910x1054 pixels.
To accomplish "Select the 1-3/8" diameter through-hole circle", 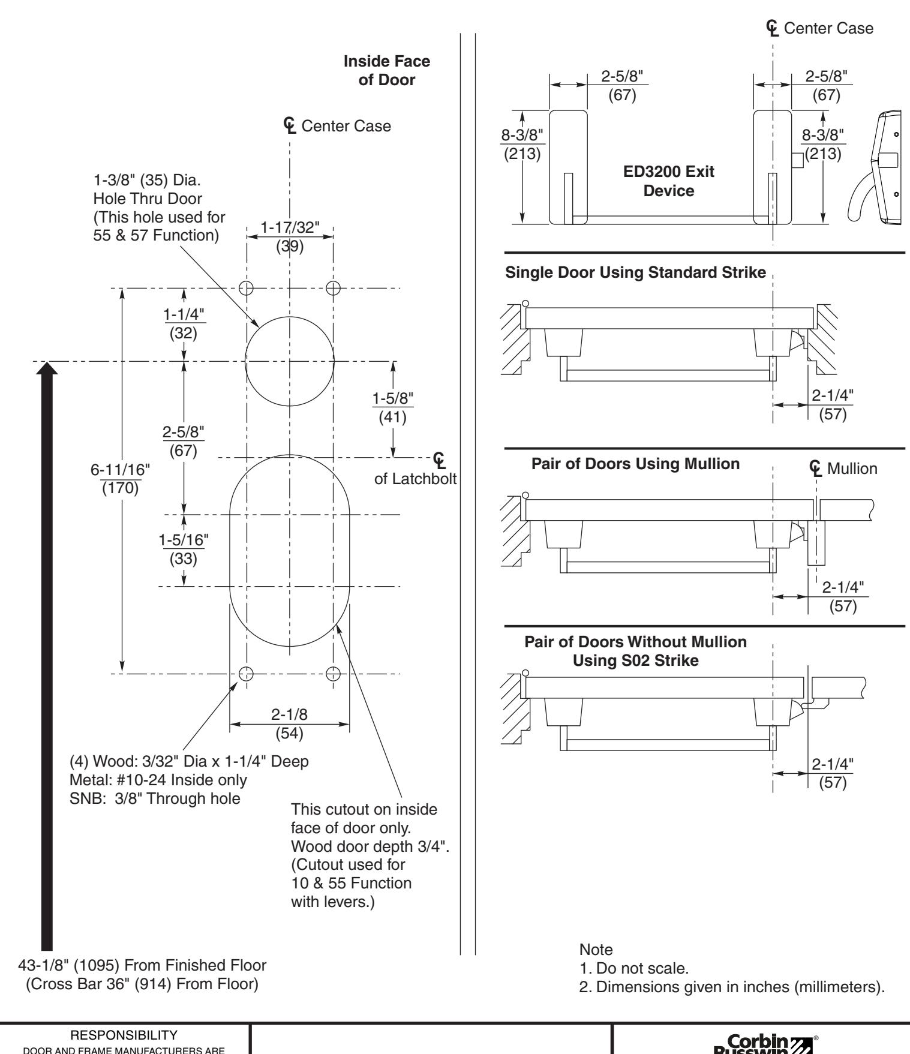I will pos(290,362).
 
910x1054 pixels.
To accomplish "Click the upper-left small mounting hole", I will pos(245,288).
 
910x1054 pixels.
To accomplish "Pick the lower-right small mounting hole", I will pos(334,674).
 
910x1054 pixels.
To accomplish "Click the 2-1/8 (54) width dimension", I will pos(289,724).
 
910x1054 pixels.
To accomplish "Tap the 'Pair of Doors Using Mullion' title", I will pos(635,464).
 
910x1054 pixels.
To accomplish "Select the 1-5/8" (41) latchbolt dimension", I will pos(393,407).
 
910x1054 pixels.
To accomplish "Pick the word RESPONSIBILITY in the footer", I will pos(123,1033).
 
